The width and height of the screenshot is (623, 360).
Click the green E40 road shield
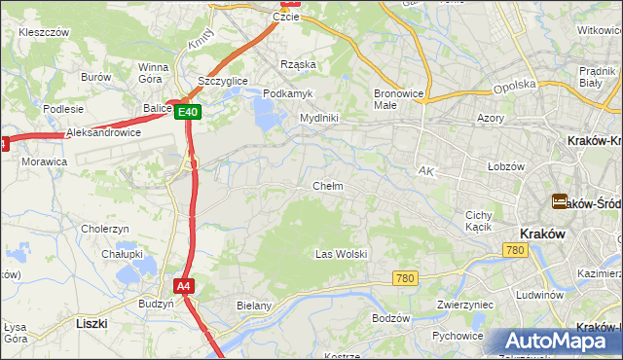click(x=189, y=112)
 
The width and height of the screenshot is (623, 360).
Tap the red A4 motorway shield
click(x=184, y=286)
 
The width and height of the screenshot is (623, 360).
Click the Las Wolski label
click(x=341, y=254)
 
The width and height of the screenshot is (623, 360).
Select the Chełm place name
click(x=327, y=186)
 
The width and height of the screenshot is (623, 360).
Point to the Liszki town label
click(x=92, y=322)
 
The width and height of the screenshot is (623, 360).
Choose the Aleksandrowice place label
click(x=103, y=131)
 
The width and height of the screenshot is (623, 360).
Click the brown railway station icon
click(x=560, y=201)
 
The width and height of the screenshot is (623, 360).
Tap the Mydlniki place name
click(x=318, y=118)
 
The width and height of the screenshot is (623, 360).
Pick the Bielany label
click(x=255, y=306)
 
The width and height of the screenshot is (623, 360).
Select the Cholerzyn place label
click(x=105, y=229)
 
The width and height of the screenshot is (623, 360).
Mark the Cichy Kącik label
click(x=478, y=221)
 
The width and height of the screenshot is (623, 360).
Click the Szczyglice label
click(x=222, y=80)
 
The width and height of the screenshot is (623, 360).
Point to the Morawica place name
click(x=44, y=161)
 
